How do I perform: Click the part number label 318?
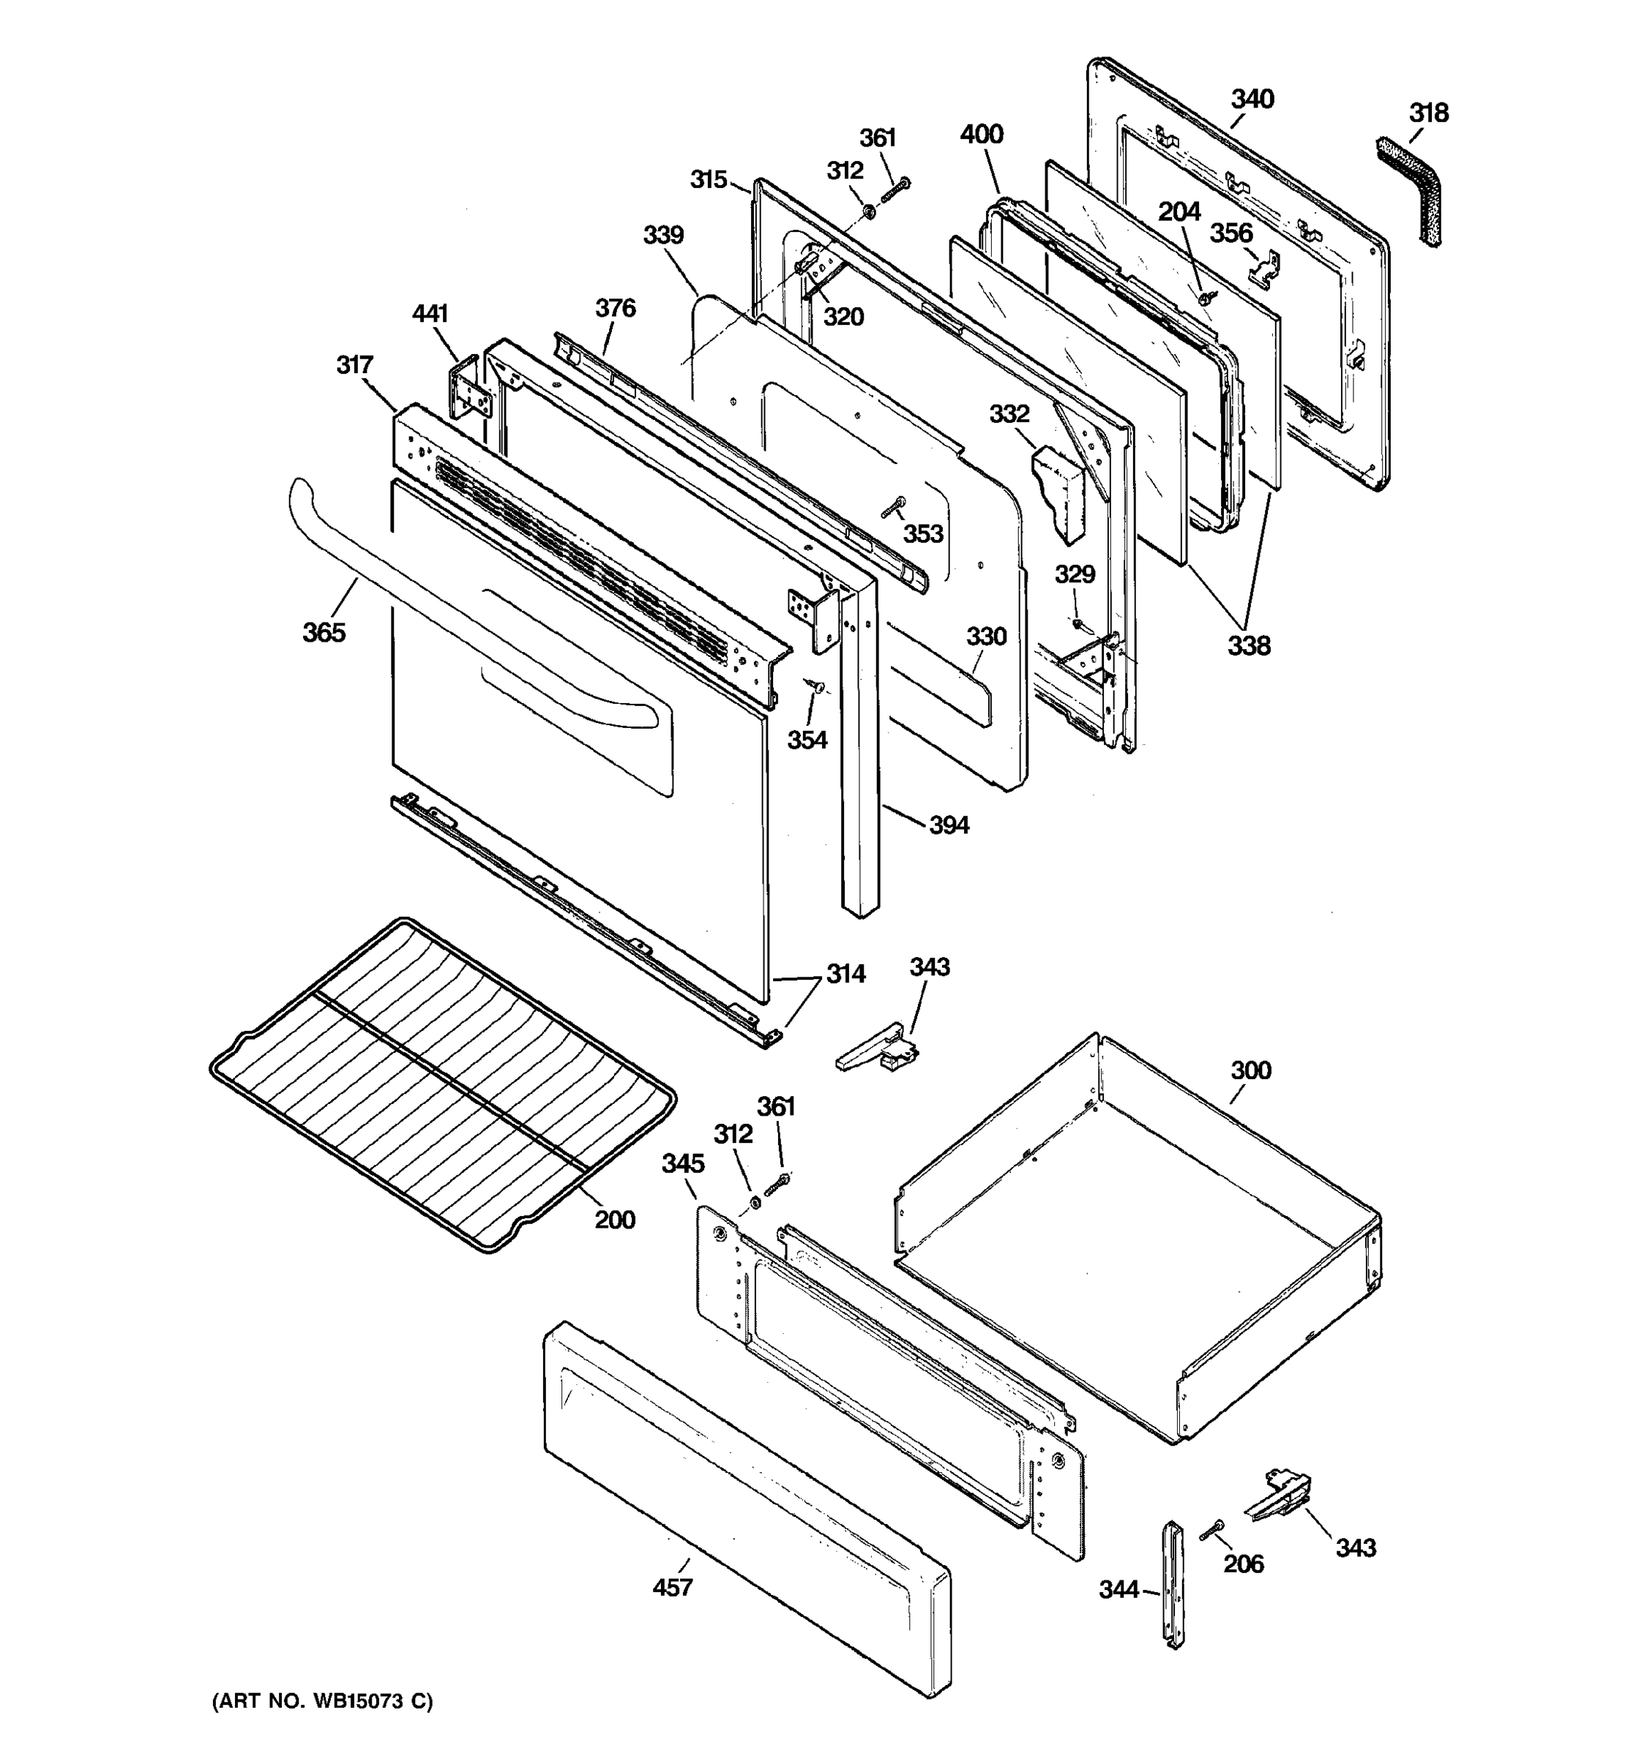point(1428,113)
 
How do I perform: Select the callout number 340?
point(1252,99)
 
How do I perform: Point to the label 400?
point(981,135)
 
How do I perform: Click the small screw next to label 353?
point(893,507)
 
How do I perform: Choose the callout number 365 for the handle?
point(324,631)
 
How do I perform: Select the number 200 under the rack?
point(614,1220)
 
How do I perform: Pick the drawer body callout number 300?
point(1250,1070)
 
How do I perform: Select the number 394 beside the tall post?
point(948,825)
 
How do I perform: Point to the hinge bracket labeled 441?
point(469,392)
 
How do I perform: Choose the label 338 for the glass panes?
point(1249,645)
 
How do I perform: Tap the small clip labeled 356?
point(1264,265)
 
